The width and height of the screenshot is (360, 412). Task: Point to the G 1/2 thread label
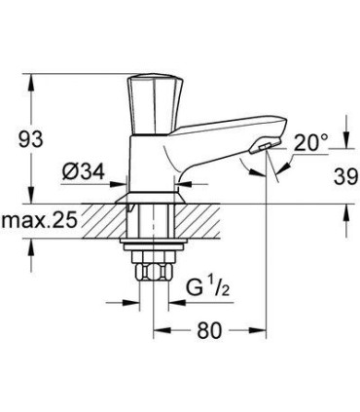pos(206,289)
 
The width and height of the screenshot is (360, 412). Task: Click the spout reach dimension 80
pos(210,331)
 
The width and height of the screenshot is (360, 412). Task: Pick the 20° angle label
pos(310,142)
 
